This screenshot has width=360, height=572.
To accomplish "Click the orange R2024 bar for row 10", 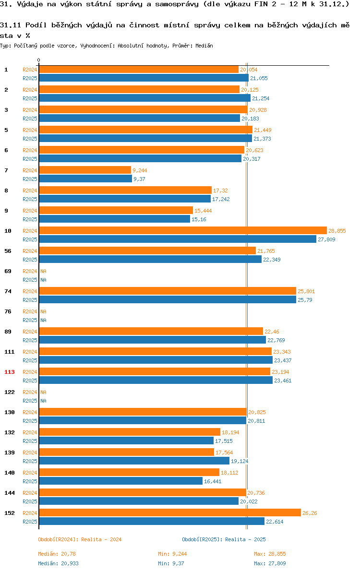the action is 183,230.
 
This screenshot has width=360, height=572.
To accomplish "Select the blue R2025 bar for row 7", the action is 85,179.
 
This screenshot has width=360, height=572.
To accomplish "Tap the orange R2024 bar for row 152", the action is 170,512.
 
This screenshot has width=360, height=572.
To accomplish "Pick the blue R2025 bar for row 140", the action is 121,481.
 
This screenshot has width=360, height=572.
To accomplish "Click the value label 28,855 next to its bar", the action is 337,231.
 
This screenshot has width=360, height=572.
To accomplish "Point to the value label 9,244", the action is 140,170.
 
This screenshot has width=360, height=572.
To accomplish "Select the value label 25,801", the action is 306,291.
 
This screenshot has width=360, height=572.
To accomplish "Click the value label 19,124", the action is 239,462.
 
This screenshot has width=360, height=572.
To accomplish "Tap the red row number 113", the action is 10,372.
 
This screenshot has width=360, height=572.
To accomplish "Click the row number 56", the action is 8,251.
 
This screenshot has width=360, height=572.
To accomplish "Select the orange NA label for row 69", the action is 43,272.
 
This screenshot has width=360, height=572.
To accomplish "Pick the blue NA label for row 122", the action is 43,401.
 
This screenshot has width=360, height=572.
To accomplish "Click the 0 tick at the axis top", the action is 39,60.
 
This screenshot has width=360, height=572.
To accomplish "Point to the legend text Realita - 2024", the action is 101,539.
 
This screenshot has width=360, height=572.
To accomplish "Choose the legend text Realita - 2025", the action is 245,539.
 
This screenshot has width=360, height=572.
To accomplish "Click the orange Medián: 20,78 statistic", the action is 57,554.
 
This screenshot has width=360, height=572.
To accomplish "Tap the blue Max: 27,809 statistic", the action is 270,564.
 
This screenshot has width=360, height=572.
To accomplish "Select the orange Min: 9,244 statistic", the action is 172,554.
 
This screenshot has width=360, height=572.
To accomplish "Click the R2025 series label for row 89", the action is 30,340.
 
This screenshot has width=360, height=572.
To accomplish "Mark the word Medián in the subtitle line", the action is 204,46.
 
